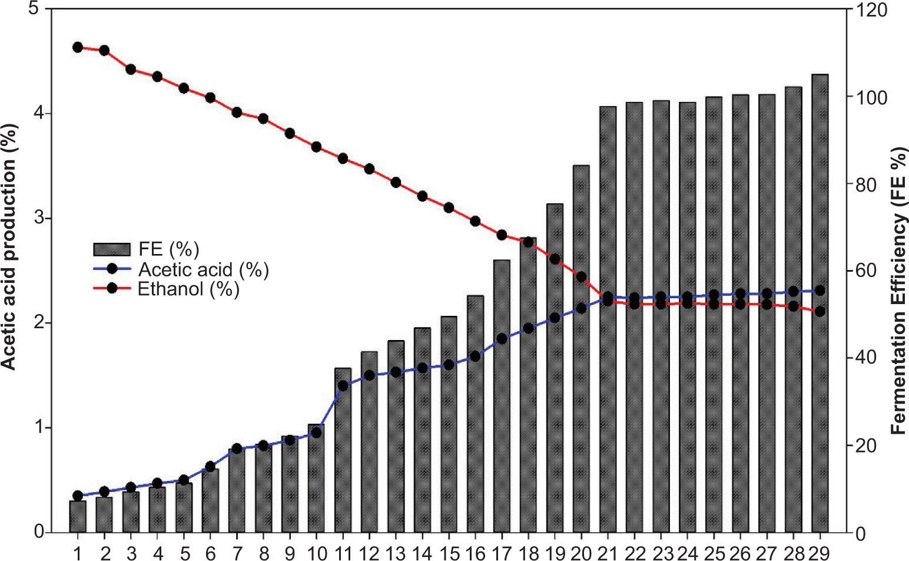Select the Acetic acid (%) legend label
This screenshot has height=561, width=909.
click(x=203, y=270)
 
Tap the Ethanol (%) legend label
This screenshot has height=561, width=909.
click(x=188, y=290)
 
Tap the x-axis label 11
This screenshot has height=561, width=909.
click(x=343, y=552)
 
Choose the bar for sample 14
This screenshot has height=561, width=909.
click(x=422, y=430)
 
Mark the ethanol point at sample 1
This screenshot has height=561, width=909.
click(x=77, y=47)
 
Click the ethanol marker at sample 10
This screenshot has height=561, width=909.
click(x=316, y=147)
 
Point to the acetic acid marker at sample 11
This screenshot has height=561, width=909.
click(x=343, y=386)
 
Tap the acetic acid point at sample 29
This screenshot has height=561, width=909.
click(x=820, y=291)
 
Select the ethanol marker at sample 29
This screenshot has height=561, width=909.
click(x=820, y=311)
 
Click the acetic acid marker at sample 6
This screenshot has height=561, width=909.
click(x=210, y=467)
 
